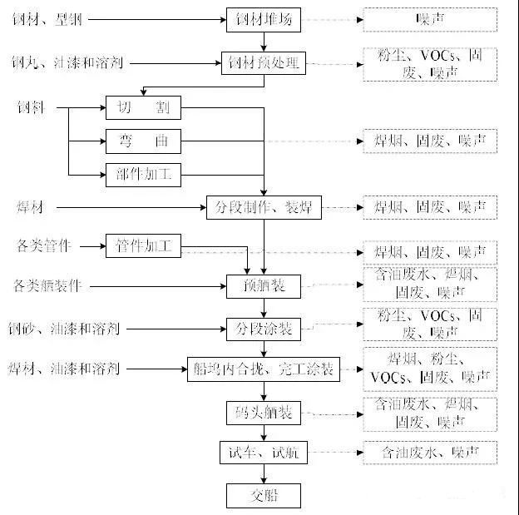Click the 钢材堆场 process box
(263, 19)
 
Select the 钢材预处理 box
(263, 63)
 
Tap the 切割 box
(143, 108)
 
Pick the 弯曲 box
(143, 141)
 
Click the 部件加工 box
(143, 174)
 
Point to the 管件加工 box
(143, 246)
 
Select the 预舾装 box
(263, 287)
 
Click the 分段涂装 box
(263, 328)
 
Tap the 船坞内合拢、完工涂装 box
(263, 369)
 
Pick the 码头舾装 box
(263, 413)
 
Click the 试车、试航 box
(263, 453)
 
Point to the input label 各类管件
(44, 246)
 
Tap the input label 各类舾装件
(49, 287)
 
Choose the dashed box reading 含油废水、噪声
(430, 453)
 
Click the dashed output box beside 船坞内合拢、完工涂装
(430, 369)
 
